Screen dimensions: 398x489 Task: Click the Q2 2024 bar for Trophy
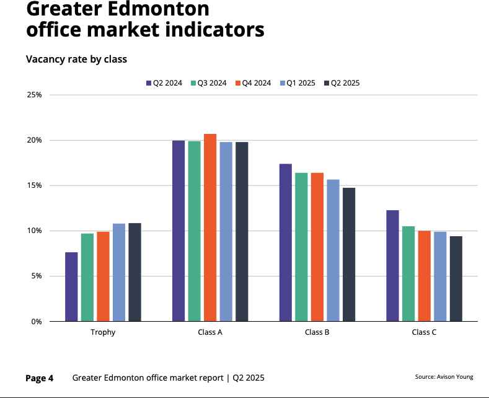point(71,286)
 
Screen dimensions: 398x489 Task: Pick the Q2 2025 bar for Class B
point(349,254)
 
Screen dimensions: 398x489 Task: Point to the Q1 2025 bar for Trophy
point(119,272)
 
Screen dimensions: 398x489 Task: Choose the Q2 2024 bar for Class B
point(285,242)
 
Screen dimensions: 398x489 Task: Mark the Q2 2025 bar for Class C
point(456,278)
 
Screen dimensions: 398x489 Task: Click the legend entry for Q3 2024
point(211,83)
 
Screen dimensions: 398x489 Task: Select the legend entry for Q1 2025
point(300,83)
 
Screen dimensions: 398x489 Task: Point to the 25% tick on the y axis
point(34,95)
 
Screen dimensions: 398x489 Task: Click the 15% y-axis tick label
point(34,186)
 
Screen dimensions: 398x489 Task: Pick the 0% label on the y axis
point(37,322)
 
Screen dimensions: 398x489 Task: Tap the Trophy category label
point(103,332)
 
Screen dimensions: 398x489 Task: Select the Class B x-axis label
point(317,332)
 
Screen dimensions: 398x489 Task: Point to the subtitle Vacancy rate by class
point(76,60)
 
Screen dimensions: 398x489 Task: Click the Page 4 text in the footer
point(39,378)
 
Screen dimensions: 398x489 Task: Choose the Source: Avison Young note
point(444,377)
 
